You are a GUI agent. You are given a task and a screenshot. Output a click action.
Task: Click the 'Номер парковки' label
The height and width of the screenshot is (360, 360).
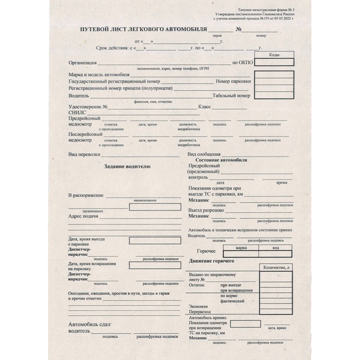coord(233,81)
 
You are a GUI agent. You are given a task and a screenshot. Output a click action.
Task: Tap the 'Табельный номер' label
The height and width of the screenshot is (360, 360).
coord(231,95)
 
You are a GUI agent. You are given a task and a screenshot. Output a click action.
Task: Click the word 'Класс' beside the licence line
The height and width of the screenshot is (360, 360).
coord(205,107)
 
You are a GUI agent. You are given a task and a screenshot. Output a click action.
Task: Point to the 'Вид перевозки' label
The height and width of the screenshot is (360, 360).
coord(83,154)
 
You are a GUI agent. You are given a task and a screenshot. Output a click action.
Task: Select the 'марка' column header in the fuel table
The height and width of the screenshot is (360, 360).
coord(241,247)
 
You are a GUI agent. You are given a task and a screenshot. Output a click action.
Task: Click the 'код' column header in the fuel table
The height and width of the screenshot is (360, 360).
coord(275,247)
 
